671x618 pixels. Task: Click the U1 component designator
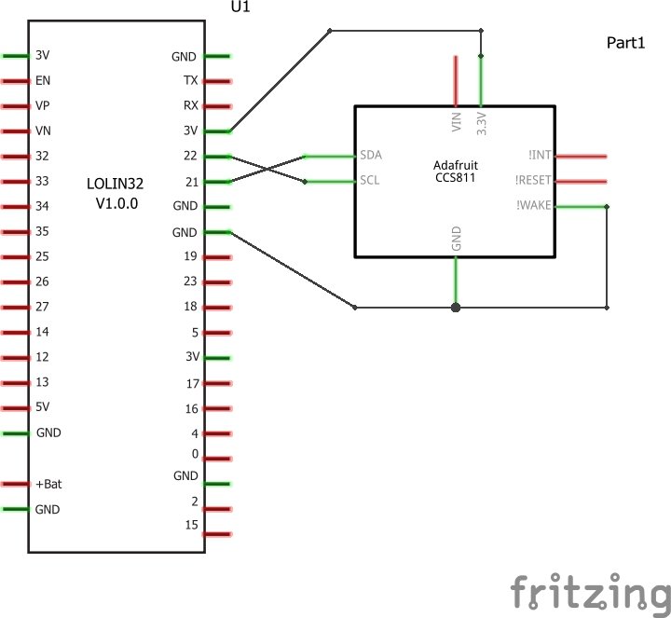pyautogui.click(x=240, y=7)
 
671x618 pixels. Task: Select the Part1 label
pyautogui.click(x=625, y=44)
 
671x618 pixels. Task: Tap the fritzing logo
pyautogui.click(x=590, y=590)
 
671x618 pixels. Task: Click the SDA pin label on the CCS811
pyautogui.click(x=371, y=155)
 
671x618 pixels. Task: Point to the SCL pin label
pyautogui.click(x=370, y=181)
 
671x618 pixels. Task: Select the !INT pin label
pyautogui.click(x=541, y=156)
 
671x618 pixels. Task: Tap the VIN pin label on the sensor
pyautogui.click(x=456, y=120)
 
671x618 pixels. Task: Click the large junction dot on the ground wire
pyautogui.click(x=456, y=307)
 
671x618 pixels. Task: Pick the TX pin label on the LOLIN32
pyautogui.click(x=191, y=81)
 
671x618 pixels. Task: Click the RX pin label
pyautogui.click(x=190, y=106)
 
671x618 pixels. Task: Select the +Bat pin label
pyautogui.click(x=48, y=484)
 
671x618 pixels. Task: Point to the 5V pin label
pyautogui.click(x=43, y=407)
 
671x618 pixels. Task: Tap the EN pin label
pyautogui.click(x=42, y=81)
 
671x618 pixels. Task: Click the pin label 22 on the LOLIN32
pyautogui.click(x=191, y=157)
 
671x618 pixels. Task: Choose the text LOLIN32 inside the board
pyautogui.click(x=116, y=185)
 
